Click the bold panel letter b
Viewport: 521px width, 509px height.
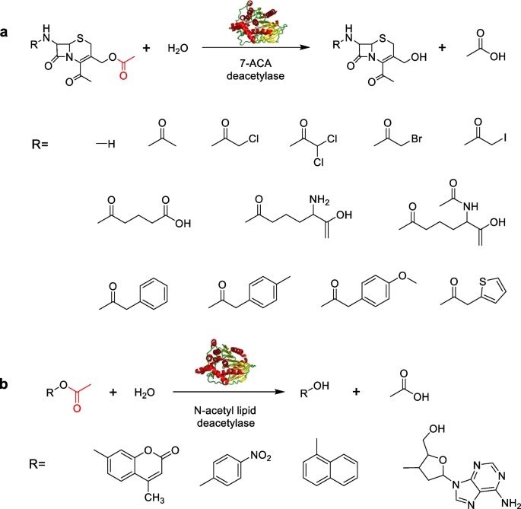6,384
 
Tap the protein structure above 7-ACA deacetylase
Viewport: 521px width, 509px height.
253,24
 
